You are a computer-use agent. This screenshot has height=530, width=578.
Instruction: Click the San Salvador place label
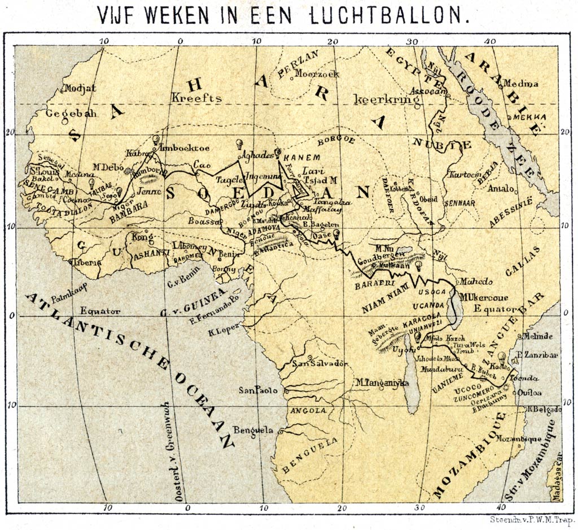(x=319, y=363)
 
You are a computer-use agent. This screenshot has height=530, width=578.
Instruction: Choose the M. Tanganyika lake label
(x=382, y=383)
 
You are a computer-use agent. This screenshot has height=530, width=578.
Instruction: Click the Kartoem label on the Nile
(x=463, y=175)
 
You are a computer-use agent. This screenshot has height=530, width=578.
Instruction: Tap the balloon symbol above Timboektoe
(x=156, y=139)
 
